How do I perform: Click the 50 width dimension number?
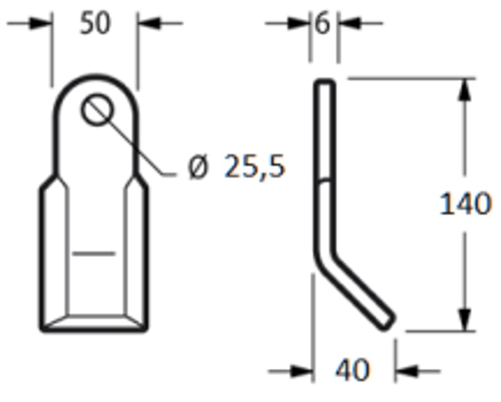pyautogui.click(x=95, y=23)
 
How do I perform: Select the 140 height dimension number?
pyautogui.click(x=465, y=203)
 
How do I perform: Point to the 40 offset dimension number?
pyautogui.click(x=353, y=370)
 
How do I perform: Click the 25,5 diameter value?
pyautogui.click(x=255, y=166)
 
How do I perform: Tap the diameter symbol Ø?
pyautogui.click(x=198, y=167)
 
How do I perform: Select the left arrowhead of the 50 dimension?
pyautogui.click(x=41, y=23)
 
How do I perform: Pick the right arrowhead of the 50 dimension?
pyautogui.click(x=149, y=23)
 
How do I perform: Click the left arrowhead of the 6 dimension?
pyautogui.click(x=299, y=23)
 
